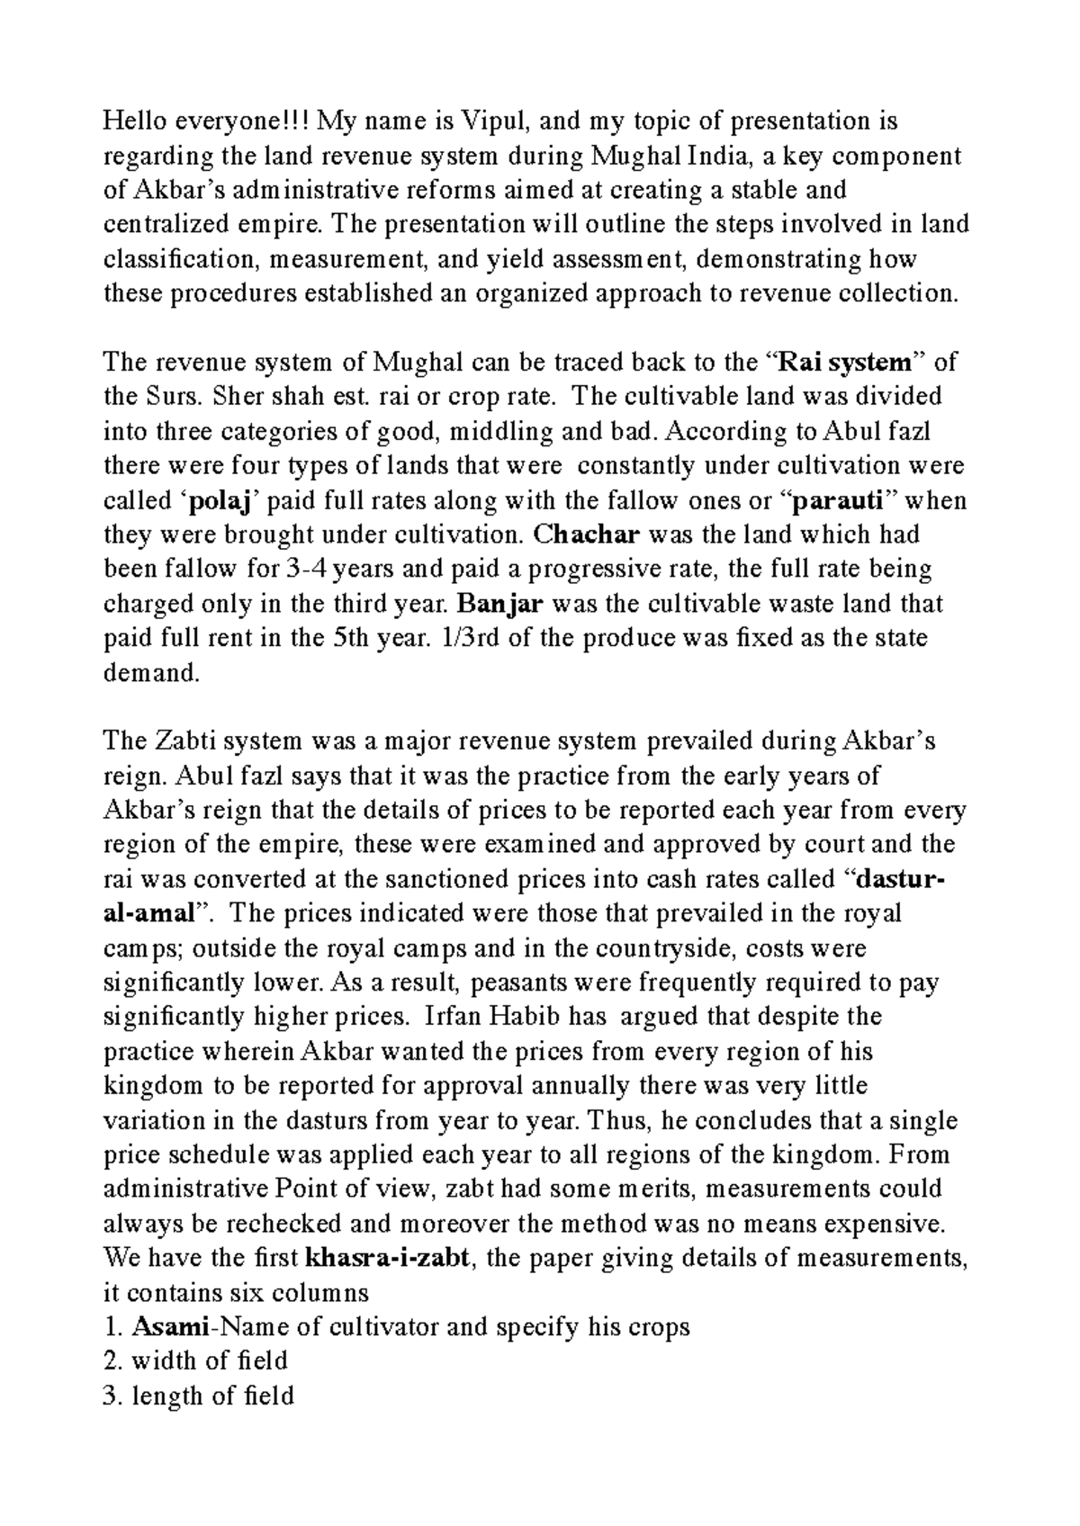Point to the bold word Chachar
(x=586, y=534)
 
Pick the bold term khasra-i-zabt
(x=388, y=1258)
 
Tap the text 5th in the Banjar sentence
(x=354, y=638)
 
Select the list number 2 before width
(x=111, y=1361)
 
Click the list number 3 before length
(x=111, y=1396)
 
